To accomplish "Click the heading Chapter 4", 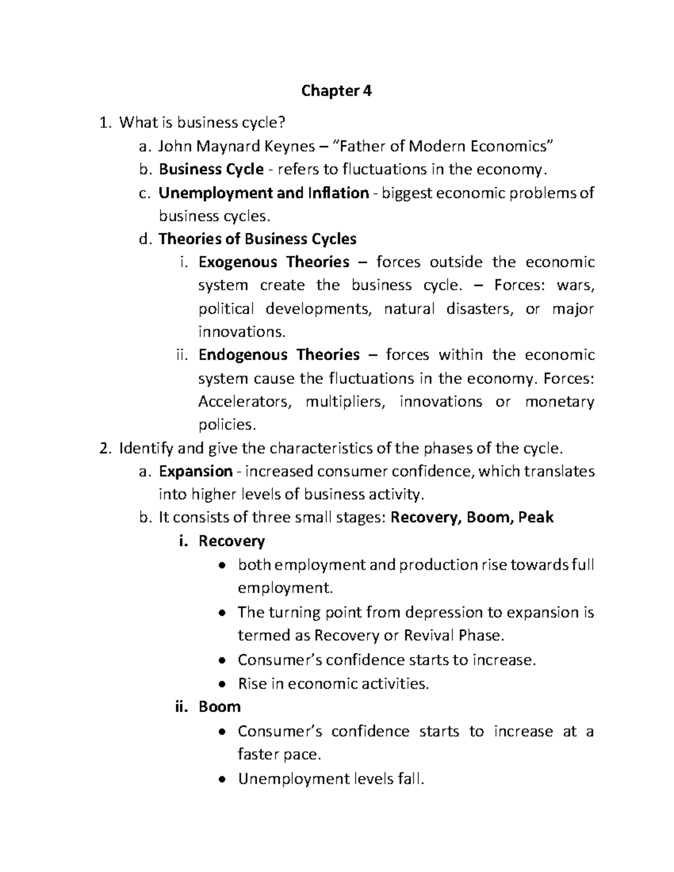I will (336, 91).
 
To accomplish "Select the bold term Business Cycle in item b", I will (211, 169).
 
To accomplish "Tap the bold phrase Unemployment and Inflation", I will (263, 193).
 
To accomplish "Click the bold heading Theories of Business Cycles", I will (257, 239).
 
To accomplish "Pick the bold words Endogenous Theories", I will (279, 355).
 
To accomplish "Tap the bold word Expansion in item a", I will (195, 471).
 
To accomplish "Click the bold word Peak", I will (536, 517).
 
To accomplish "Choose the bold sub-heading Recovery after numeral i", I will (231, 541).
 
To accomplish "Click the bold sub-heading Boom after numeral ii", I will (220, 706).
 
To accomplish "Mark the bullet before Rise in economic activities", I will (223, 684).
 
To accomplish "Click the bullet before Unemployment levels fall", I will (223, 779).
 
